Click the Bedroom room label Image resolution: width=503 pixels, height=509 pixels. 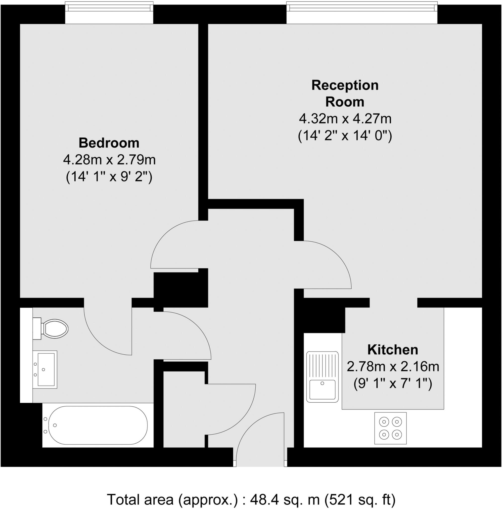tap(109, 143)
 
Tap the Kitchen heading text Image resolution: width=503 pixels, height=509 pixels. tap(392, 350)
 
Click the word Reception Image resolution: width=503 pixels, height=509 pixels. tap(345, 85)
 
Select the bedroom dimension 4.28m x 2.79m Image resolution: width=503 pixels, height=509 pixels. tap(109, 160)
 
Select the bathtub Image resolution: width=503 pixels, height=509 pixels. tap(97, 425)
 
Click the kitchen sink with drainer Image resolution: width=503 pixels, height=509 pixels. tap(322, 377)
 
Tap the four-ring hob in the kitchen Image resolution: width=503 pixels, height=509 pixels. tap(390, 428)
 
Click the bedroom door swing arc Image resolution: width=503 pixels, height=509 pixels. tap(174, 245)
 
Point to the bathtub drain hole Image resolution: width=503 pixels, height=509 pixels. tap(55, 425)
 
